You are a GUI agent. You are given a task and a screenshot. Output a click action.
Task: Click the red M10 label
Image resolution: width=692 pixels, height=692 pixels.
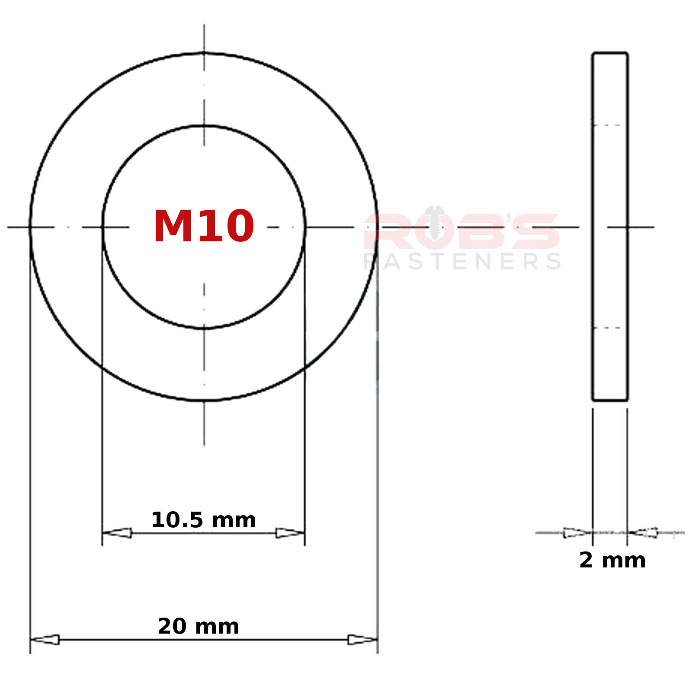[204, 226]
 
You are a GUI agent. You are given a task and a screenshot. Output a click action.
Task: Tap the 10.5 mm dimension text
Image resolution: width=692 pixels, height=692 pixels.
[203, 520]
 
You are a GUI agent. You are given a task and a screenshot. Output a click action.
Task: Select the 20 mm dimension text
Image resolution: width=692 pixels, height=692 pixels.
[198, 627]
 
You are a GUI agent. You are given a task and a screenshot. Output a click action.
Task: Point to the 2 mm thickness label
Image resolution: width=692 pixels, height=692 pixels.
[612, 561]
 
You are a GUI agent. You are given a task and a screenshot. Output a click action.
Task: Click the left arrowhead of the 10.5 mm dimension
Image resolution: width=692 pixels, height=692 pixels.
[117, 533]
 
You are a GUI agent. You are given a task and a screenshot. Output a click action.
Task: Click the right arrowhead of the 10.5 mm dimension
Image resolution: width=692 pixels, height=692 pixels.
[290, 533]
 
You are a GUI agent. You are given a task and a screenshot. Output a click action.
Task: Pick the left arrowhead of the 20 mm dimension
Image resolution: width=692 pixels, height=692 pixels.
[45, 640]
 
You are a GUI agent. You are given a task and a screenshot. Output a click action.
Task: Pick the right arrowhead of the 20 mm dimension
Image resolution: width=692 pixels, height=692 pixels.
[362, 640]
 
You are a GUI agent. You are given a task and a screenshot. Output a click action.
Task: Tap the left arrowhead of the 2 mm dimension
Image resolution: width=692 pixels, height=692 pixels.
[577, 533]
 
